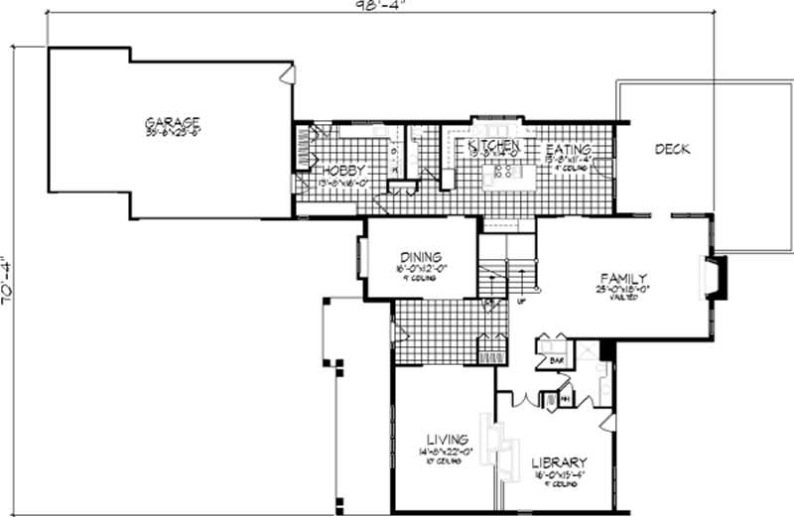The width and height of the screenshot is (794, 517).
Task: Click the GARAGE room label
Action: point(171,123)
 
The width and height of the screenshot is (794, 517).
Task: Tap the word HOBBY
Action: point(344,171)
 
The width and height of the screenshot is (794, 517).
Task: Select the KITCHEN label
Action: point(493,147)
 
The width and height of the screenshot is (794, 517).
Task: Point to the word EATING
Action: point(570,150)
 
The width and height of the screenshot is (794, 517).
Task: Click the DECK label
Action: point(673,149)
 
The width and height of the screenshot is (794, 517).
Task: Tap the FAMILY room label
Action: point(624,278)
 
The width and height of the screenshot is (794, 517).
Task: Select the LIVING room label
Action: point(447,439)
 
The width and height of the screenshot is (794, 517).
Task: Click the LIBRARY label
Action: point(558,463)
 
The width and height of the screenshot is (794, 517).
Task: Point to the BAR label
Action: point(557,360)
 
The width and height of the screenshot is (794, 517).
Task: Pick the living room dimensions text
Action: point(447,452)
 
